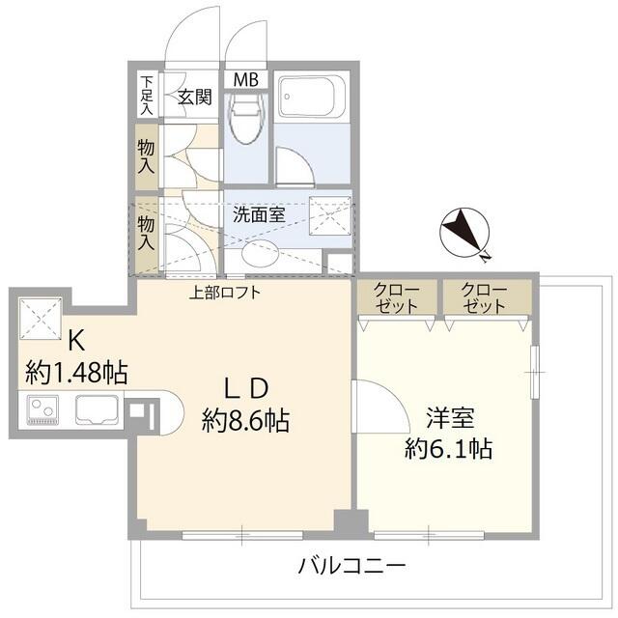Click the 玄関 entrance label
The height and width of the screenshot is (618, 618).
pyautogui.click(x=195, y=97)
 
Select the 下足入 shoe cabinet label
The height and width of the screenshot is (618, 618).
pyautogui.click(x=146, y=95)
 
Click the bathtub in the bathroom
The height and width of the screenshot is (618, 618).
pyautogui.click(x=311, y=98)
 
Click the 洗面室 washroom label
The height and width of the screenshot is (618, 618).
pyautogui.click(x=259, y=214)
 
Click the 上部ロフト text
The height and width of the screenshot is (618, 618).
pyautogui.click(x=224, y=293)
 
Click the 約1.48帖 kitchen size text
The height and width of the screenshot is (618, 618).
pyautogui.click(x=77, y=371)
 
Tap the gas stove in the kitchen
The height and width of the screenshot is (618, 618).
pyautogui.click(x=43, y=411)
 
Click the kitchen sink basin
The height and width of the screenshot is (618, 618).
pyautogui.click(x=98, y=411)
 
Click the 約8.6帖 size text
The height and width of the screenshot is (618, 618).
pyautogui.click(x=246, y=421)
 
